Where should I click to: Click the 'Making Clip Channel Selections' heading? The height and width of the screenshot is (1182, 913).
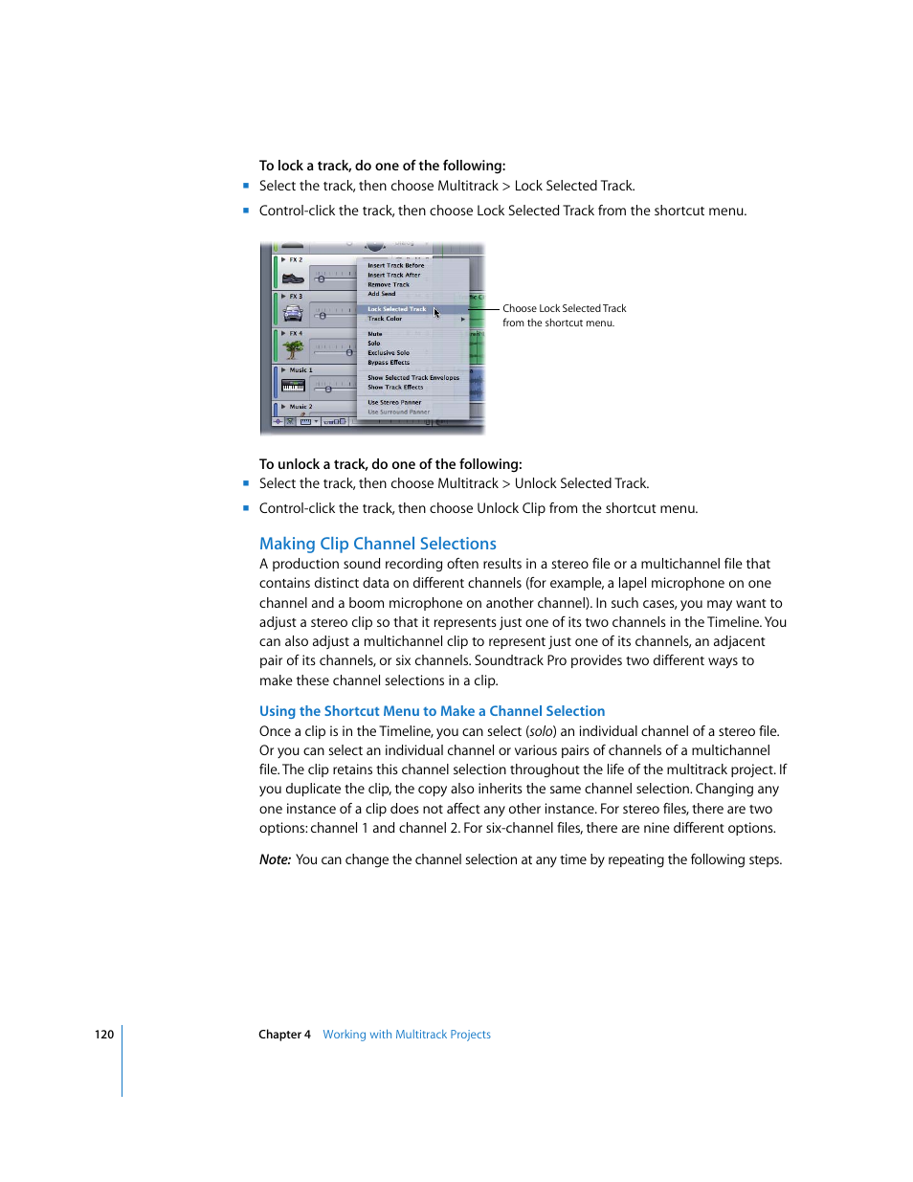(377, 544)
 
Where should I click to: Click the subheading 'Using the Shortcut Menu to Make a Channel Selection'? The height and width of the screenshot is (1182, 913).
(432, 711)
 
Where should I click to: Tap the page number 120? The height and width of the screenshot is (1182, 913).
(103, 1035)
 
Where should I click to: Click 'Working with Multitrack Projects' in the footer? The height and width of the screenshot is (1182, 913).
(406, 1035)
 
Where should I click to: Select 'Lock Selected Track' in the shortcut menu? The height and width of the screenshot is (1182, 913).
(396, 309)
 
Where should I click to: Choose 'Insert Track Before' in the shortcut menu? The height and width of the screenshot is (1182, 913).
(395, 265)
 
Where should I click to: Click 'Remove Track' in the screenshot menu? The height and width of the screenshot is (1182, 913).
(388, 284)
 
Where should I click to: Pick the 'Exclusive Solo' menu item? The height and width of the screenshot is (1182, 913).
(388, 353)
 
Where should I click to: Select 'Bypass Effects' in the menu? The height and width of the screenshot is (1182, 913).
(388, 363)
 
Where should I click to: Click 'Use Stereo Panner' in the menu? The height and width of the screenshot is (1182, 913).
(393, 403)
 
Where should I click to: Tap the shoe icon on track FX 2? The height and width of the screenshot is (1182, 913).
(293, 278)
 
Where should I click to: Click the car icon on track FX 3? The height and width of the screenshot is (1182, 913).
(293, 314)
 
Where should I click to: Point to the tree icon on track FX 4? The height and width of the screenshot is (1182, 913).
(293, 350)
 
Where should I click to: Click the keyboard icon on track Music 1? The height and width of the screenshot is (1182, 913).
(293, 387)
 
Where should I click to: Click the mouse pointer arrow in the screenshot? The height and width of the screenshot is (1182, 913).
(436, 312)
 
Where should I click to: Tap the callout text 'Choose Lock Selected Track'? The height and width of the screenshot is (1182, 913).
(564, 308)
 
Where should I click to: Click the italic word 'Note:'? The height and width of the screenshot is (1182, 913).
(275, 859)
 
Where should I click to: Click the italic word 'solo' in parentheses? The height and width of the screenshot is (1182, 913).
(542, 731)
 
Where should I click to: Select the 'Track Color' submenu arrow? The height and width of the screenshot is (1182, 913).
(463, 319)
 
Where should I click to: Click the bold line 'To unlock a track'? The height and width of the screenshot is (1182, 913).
(390, 464)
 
